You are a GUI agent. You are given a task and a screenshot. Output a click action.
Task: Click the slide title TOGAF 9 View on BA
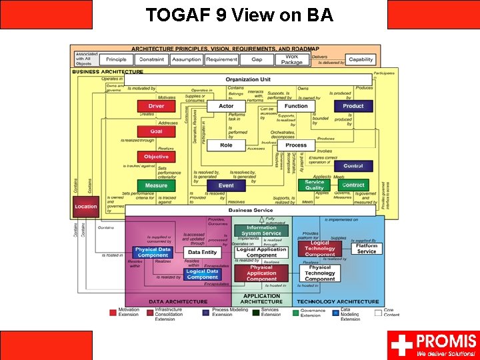coord(239,14)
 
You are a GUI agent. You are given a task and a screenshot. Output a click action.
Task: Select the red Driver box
coord(156,106)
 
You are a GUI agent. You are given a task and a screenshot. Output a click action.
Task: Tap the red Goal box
coord(156,131)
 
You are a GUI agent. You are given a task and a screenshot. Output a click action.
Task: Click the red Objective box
coord(156,157)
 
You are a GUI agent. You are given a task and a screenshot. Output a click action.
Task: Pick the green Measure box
coord(156,185)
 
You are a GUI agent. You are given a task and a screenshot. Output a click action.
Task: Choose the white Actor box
coord(226,106)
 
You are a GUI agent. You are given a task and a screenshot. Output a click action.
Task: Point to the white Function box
coord(296,106)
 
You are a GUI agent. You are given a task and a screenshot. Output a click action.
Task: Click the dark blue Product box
coord(353,106)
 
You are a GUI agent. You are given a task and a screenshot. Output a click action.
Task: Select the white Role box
coord(226,145)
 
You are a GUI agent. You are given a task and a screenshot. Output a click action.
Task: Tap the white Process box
coord(296,145)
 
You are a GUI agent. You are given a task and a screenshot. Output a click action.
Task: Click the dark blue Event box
coord(226,185)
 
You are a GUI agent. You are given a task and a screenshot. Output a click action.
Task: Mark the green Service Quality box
coord(315,185)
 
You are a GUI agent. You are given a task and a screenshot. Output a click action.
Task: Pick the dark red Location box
coord(85,207)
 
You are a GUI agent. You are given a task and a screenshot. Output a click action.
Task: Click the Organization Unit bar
coord(247,79)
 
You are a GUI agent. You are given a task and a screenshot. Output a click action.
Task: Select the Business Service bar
coord(251,210)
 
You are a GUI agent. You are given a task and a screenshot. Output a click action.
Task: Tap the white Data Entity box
coord(203,253)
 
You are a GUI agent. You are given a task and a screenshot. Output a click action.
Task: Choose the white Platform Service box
coord(366,249)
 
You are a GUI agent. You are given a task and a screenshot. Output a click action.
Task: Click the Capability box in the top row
coord(361,59)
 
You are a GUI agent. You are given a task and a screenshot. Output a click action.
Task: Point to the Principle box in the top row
coord(117,59)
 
